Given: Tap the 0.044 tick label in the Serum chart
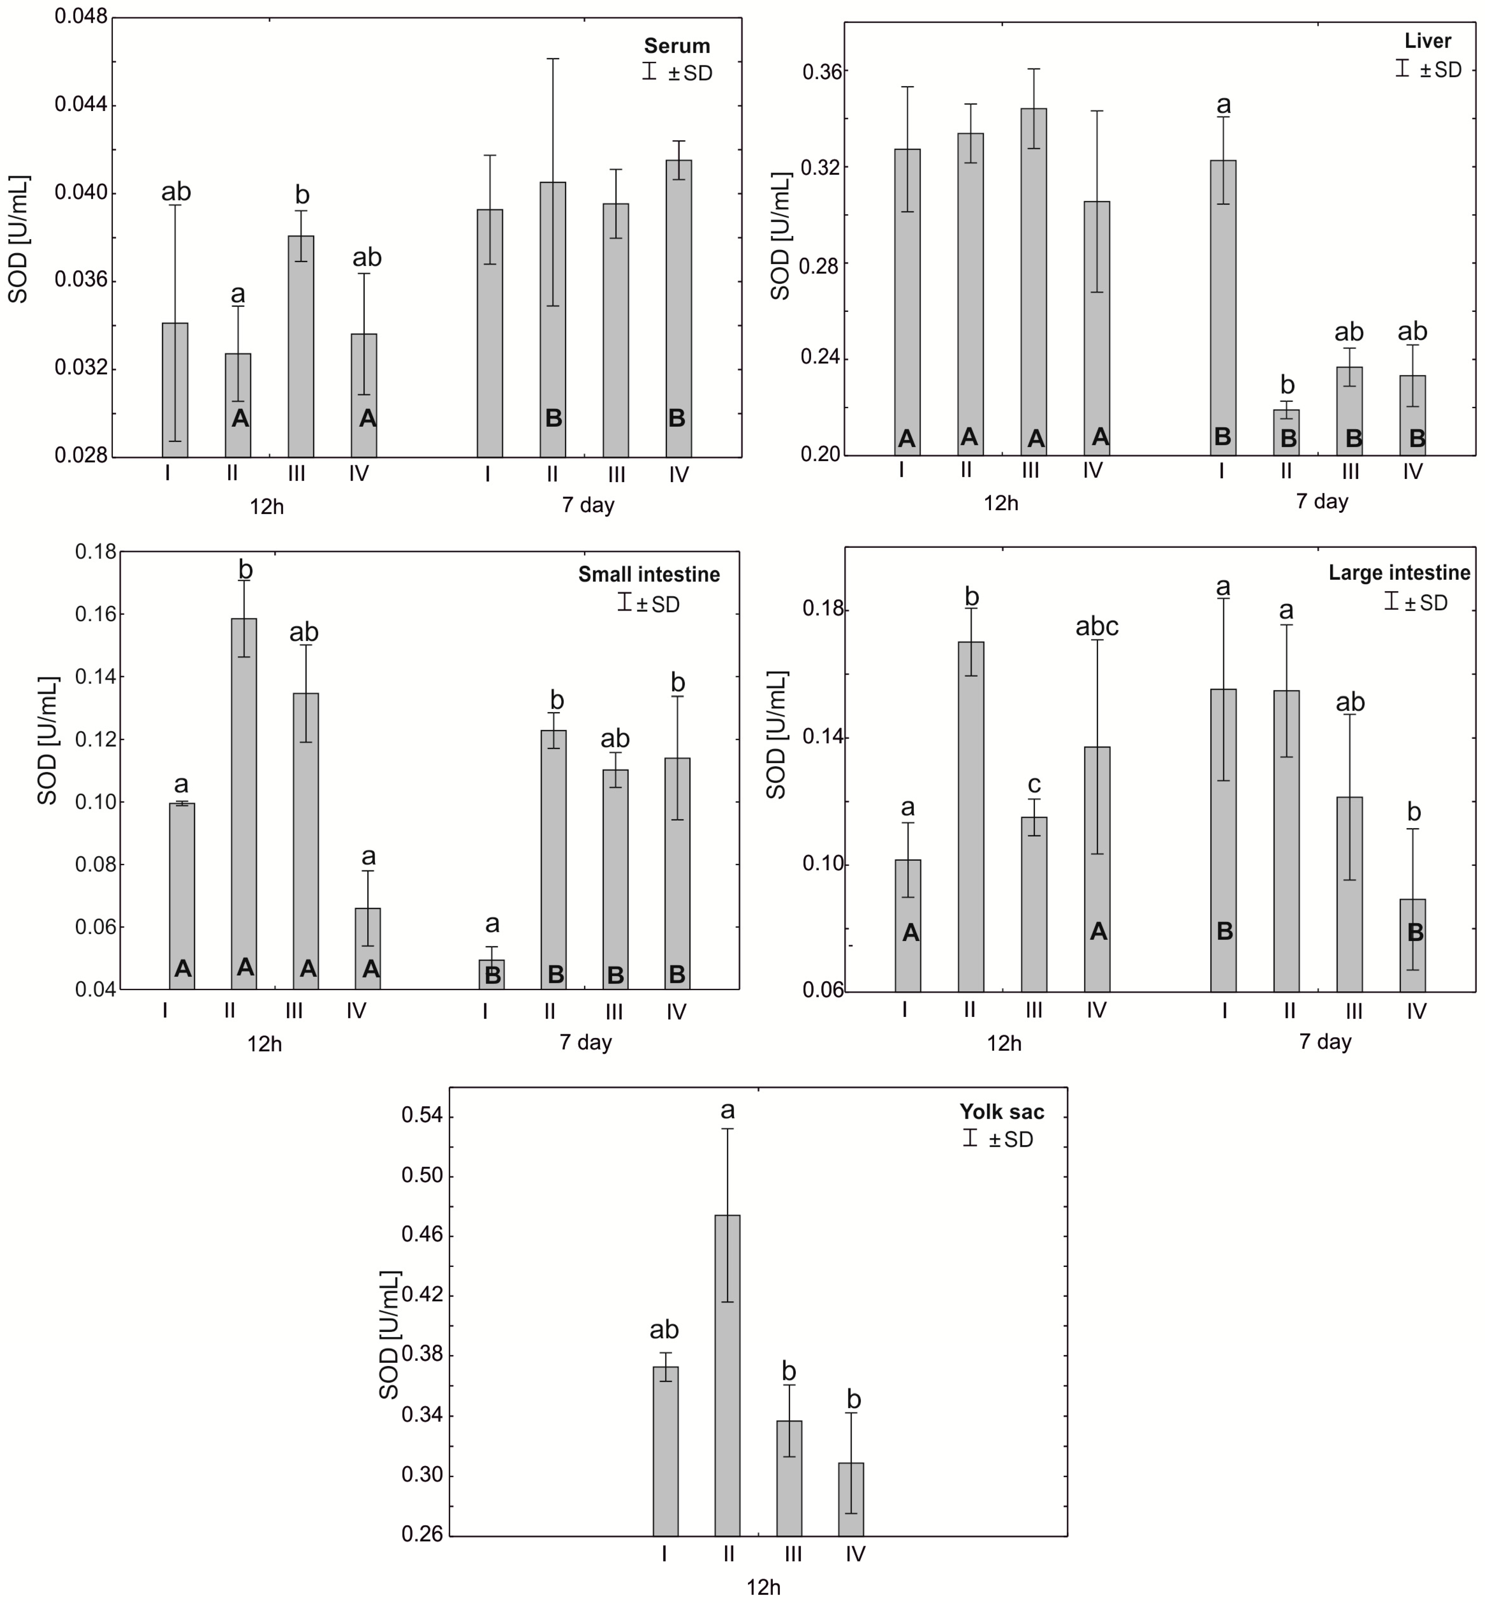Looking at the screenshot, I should pyautogui.click(x=81, y=105).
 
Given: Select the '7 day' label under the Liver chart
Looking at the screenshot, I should pyautogui.click(x=1322, y=501).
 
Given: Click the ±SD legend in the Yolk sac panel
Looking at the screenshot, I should pyautogui.click(x=999, y=1139).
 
